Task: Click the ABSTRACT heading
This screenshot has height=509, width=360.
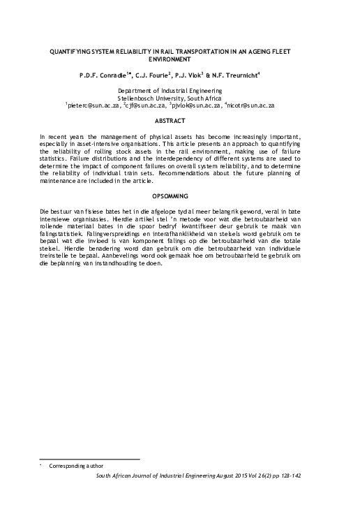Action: (x=179, y=120)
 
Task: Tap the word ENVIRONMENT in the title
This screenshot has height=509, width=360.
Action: (x=179, y=60)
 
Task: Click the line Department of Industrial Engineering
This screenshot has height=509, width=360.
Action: (x=179, y=91)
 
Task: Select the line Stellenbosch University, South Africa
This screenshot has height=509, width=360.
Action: (x=179, y=98)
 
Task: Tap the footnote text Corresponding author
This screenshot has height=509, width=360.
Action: (x=75, y=466)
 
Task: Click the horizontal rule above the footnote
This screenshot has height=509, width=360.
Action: (x=89, y=459)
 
